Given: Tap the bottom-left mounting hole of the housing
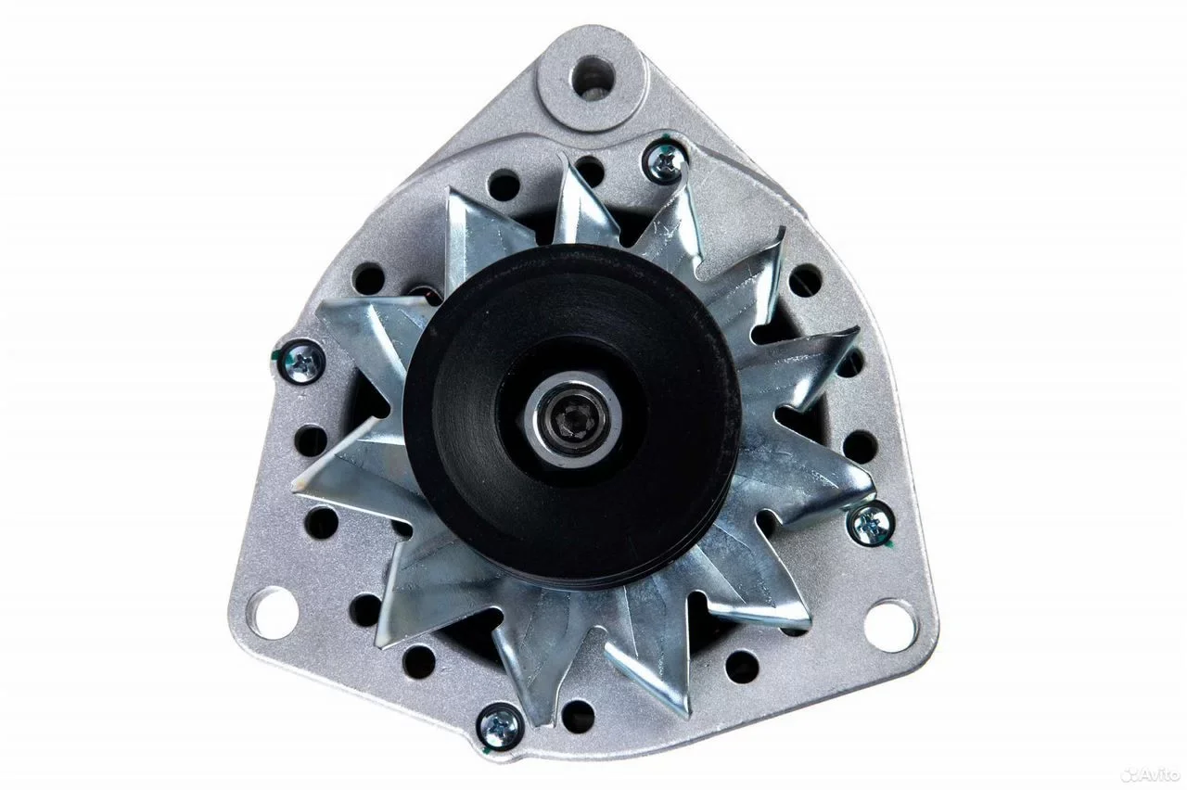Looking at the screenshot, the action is (275, 615).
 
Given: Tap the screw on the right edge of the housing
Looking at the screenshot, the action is (873, 525).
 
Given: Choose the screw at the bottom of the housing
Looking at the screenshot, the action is (499, 725).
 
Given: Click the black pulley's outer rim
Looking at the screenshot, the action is (418, 418).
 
